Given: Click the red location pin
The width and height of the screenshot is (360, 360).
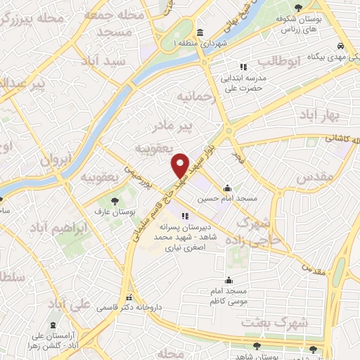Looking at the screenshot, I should coord(180,165).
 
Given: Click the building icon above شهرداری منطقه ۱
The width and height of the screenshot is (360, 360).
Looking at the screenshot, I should coord(200,33).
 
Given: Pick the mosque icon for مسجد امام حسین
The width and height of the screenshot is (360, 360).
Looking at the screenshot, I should coord(227,188).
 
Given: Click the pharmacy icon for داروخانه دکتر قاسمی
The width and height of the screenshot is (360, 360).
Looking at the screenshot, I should coord(128,297).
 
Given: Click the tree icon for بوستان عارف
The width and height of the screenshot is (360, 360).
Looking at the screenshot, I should coord(115,201).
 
